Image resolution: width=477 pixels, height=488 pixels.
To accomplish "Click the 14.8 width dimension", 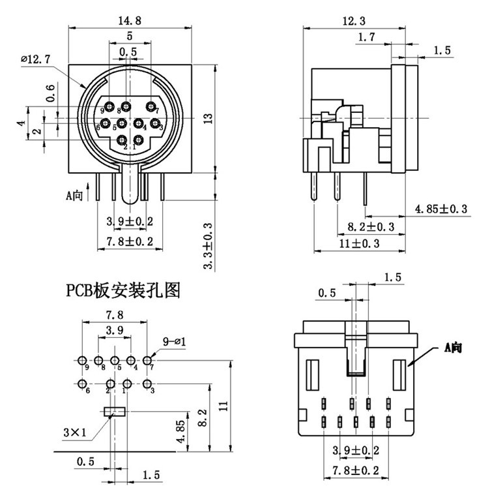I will (130, 20).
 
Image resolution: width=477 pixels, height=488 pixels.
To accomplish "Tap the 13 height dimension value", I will (208, 118).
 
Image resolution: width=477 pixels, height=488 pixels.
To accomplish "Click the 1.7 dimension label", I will (367, 38).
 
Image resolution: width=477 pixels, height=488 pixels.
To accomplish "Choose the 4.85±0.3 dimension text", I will (442, 209).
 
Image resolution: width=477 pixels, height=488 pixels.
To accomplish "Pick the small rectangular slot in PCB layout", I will (115, 412).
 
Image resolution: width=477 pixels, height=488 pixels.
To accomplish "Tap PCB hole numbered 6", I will (83, 384).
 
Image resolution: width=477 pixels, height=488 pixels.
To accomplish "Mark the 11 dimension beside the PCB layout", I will (224, 405).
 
